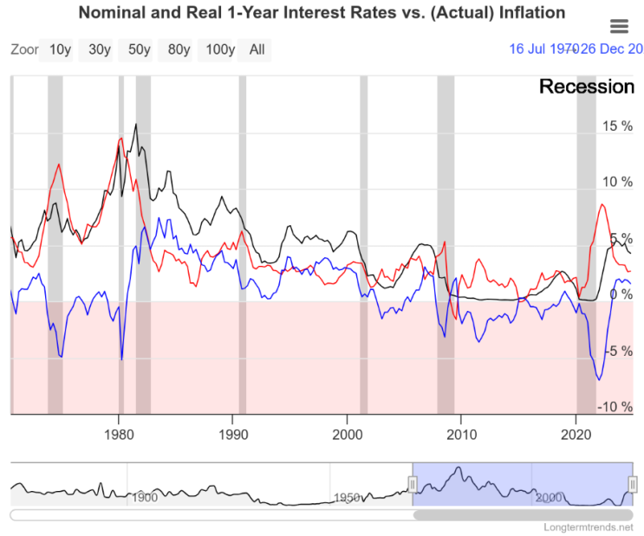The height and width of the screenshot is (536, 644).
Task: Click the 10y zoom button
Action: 60,49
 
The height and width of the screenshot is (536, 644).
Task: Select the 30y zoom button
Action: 99,49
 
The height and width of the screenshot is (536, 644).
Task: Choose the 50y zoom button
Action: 139,49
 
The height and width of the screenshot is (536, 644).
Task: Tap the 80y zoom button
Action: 179,49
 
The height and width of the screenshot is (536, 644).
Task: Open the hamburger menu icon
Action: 619,26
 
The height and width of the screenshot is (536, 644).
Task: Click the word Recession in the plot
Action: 587,87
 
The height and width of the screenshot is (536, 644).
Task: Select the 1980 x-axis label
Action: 119,433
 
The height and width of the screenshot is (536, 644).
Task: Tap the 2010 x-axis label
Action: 461,433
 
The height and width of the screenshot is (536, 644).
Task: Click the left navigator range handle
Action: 413,483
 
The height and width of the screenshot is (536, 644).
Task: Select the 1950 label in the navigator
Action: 348,498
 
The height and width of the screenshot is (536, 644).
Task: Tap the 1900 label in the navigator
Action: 145,498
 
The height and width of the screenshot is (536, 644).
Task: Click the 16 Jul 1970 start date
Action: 543,49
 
